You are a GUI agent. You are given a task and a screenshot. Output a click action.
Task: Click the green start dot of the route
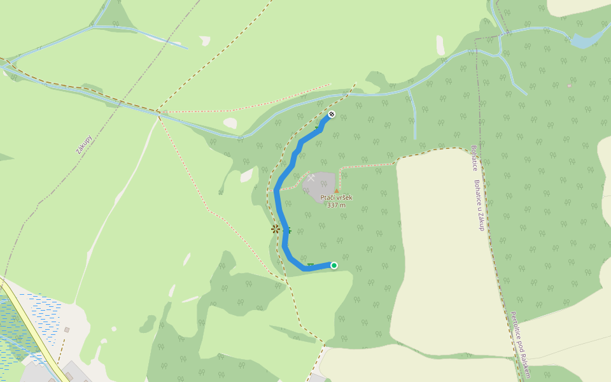[334, 265]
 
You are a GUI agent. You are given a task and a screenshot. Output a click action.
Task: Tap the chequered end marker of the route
[331, 115]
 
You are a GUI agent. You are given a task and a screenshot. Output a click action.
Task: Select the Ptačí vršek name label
[336, 197]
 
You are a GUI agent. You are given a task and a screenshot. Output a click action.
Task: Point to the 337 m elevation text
[336, 205]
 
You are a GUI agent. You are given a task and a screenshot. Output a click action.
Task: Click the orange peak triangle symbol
[337, 190]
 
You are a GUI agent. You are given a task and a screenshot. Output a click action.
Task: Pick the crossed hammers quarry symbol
[311, 178]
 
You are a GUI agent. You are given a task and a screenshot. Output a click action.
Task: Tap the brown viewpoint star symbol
[275, 229]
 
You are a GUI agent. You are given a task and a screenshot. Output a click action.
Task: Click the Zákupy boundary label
[84, 145]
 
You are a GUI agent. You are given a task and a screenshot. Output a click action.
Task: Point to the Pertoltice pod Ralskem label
[520, 344]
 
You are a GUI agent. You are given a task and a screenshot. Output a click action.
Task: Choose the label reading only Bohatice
[474, 158]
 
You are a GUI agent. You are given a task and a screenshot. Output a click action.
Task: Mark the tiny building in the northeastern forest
[569, 85]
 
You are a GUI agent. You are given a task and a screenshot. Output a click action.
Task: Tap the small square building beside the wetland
[67, 330]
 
